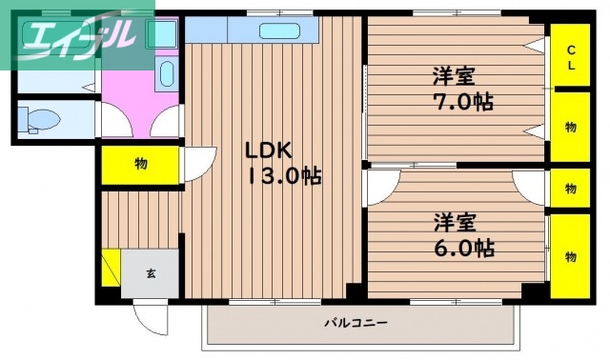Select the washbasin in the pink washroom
[165, 74]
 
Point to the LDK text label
[268, 150]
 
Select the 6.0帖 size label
[458, 249]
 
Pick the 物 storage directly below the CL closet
[570, 126]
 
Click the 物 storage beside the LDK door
[140, 164]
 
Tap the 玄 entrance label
[151, 273]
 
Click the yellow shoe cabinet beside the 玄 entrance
[112, 270]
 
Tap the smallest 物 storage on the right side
[570, 188]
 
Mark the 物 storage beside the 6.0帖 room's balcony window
[570, 255]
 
